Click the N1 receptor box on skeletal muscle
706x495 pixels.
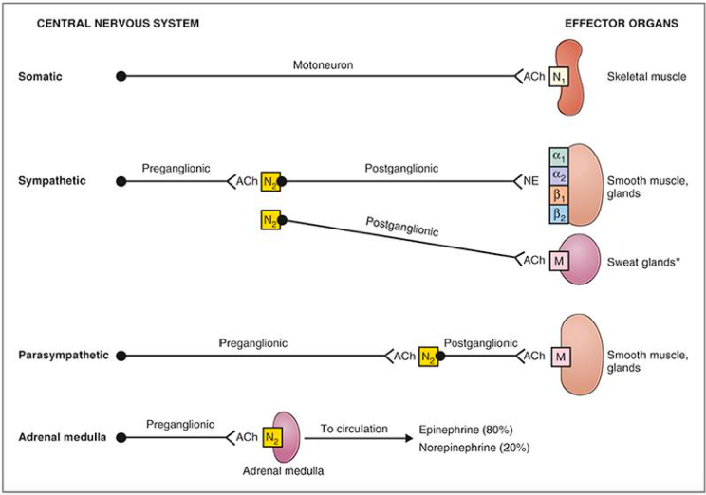(x=560, y=76)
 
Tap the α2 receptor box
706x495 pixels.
(x=558, y=176)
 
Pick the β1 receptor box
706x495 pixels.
(x=558, y=195)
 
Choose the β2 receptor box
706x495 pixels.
(x=558, y=214)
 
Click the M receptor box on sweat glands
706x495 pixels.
(x=558, y=260)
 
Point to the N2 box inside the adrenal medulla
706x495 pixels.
(x=271, y=437)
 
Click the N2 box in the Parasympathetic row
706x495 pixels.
(x=429, y=356)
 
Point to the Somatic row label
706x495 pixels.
(x=40, y=75)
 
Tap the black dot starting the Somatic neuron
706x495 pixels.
(x=121, y=75)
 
